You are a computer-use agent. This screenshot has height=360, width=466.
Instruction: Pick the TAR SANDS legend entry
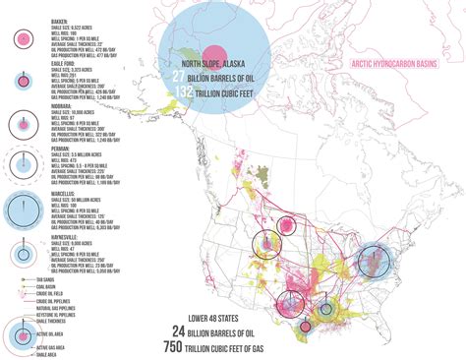(x=44, y=279)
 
